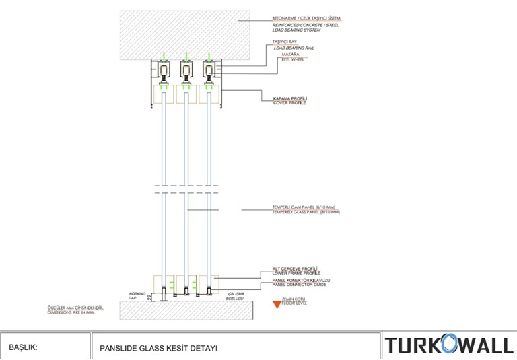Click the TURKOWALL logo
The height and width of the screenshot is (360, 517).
click(448, 346)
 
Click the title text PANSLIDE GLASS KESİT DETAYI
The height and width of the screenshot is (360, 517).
click(158, 348)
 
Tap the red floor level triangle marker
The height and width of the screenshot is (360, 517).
click(275, 304)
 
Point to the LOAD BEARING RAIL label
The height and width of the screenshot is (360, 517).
click(294, 48)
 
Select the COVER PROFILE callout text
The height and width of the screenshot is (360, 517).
click(289, 103)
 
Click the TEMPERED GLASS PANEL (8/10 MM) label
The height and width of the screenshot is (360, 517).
click(306, 212)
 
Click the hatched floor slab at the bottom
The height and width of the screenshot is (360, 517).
click(187, 310)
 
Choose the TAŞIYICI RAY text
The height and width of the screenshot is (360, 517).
click(285, 42)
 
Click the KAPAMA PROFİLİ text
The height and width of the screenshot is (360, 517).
click(289, 98)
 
